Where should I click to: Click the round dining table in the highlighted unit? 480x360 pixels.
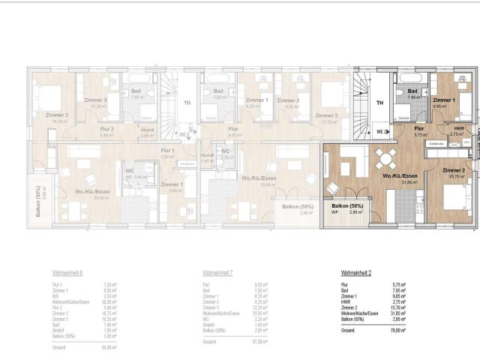[x=388, y=158]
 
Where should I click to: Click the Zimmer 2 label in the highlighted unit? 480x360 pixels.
[x=453, y=171]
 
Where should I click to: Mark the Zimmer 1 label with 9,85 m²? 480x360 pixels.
[x=443, y=100]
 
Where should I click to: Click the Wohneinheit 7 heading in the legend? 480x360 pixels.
[x=219, y=274]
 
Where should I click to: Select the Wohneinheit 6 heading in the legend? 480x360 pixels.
[x=68, y=274]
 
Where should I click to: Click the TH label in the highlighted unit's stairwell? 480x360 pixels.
[x=380, y=103]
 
